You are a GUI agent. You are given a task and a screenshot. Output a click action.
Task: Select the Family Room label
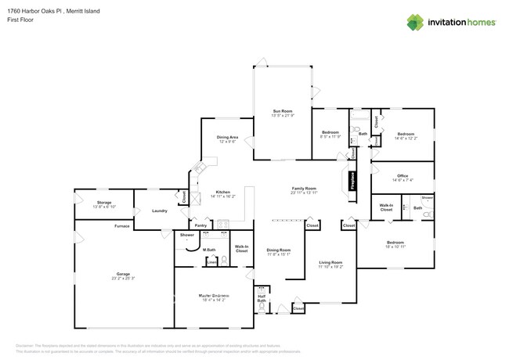[304, 189]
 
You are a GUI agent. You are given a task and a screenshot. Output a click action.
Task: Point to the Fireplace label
[352, 180]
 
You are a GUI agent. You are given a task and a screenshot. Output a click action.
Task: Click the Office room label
[403, 176]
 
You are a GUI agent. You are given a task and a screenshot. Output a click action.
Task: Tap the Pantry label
[200, 225]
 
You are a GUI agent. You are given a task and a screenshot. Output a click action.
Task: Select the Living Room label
[330, 263]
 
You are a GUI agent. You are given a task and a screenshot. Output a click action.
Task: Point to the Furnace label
[121, 226]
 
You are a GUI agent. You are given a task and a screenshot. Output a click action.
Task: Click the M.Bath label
[209, 250]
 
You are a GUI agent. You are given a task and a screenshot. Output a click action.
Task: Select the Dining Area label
[227, 138]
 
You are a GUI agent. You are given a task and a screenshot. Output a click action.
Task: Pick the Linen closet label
[211, 263]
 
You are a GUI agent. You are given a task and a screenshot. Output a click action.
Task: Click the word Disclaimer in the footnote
[27, 344]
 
